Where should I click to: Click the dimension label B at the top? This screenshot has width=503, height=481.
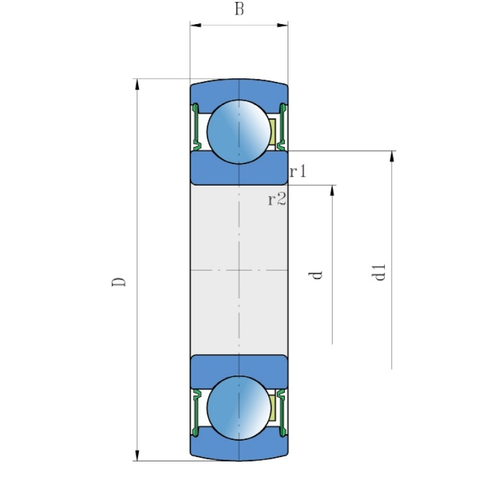click(x=239, y=9)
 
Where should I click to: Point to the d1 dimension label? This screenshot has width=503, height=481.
click(x=379, y=273)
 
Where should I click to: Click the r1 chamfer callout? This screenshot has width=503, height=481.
click(x=298, y=171)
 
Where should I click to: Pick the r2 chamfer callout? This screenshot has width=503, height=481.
click(x=277, y=200)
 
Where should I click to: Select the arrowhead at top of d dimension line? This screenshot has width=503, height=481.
click(x=332, y=190)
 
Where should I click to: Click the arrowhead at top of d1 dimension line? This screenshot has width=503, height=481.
click(x=392, y=156)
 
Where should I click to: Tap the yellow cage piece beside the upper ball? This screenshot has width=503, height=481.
click(x=273, y=131)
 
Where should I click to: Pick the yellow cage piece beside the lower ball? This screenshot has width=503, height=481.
click(x=273, y=408)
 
